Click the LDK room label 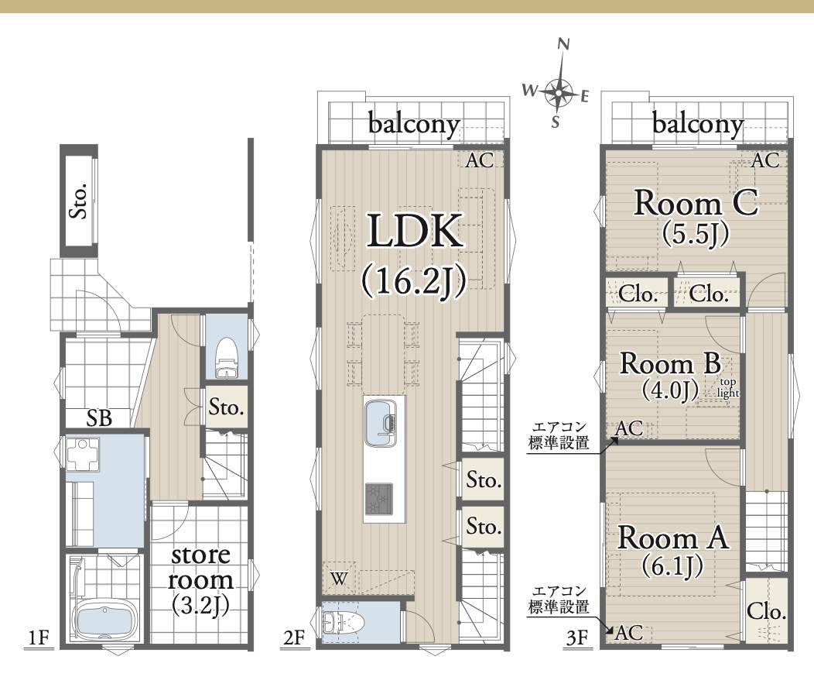416,231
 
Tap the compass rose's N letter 563,45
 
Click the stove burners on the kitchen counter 379,497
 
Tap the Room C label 696,203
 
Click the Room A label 673,538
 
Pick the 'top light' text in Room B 727,388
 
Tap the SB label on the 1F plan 99,418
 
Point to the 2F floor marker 293,637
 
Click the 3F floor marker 576,637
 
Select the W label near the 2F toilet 338,579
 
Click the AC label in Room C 765,160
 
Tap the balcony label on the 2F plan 414,125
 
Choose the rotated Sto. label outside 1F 79,201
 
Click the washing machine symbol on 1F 83,455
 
